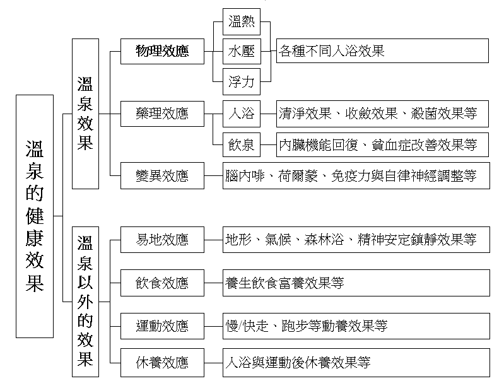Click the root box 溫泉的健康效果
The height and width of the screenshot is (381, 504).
pyautogui.click(x=35, y=216)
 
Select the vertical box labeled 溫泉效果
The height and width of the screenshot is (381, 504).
pyautogui.click(x=85, y=114)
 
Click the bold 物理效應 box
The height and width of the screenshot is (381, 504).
pyautogui.click(x=162, y=51)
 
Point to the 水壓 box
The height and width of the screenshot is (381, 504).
pyautogui.click(x=242, y=51)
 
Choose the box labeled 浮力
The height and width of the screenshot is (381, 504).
pyautogui.click(x=242, y=81)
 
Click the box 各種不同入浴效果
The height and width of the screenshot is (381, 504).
pyautogui.click(x=382, y=51)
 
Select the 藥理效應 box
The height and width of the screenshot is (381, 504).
pyautogui.click(x=162, y=114)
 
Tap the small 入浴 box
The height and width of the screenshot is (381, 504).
pyautogui.click(x=242, y=114)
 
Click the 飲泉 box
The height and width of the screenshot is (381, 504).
pyautogui.click(x=242, y=145)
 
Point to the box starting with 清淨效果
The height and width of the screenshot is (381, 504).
pyautogui.click(x=382, y=114)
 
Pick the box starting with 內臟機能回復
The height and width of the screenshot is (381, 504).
pyautogui.click(x=382, y=145)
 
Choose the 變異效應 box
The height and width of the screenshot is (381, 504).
pyautogui.click(x=162, y=175)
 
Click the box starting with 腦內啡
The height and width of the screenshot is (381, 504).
pyautogui.click(x=355, y=175)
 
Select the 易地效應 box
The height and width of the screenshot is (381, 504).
pyautogui.click(x=162, y=240)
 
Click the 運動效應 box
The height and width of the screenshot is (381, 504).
pyautogui.click(x=162, y=325)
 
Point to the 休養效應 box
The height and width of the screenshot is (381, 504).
pyautogui.click(x=162, y=363)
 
